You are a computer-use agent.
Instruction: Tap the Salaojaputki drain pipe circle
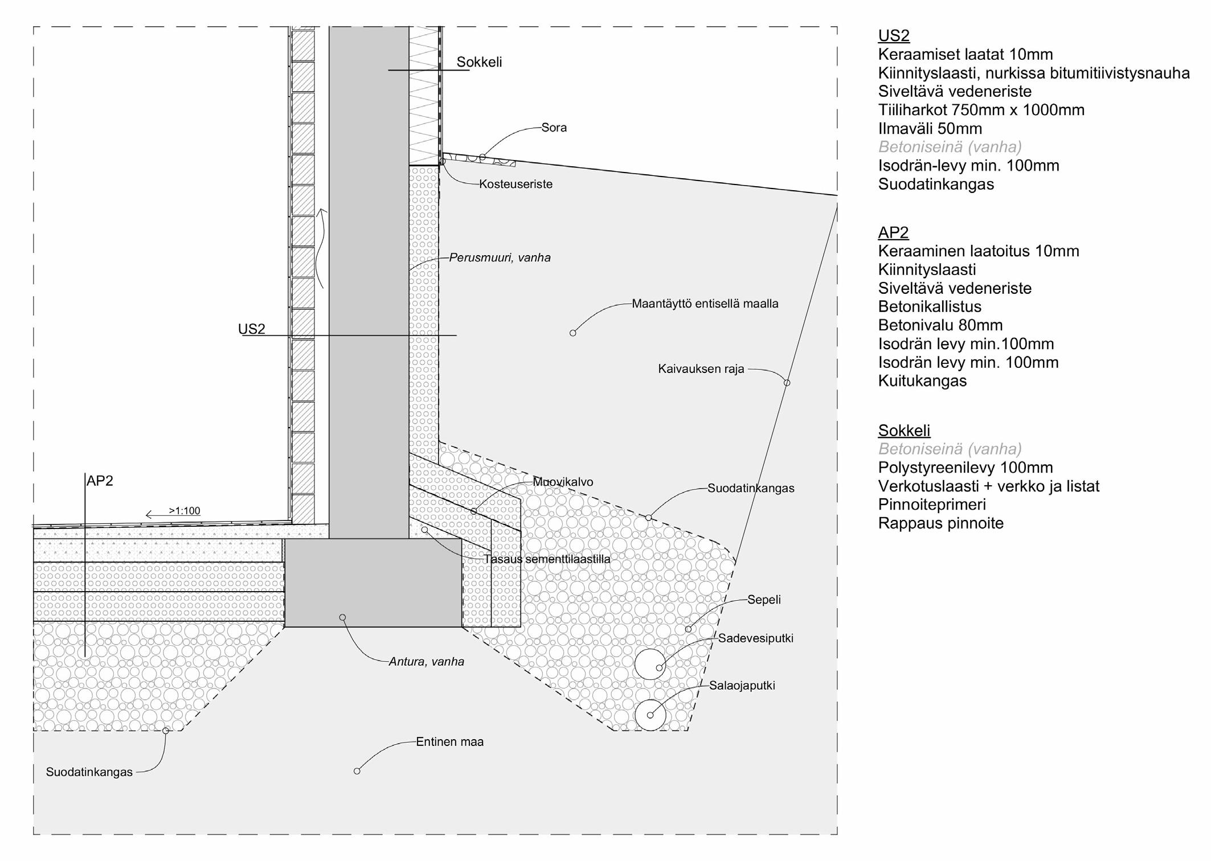pos(650,715)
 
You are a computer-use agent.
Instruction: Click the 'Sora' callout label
pos(554,128)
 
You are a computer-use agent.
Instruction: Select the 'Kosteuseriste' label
pos(516,184)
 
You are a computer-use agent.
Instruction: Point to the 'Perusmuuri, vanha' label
pos(500,258)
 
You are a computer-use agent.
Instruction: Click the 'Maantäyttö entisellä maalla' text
pos(705,304)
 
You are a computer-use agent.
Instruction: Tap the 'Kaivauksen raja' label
pos(701,369)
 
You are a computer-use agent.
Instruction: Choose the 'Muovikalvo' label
pos(563,482)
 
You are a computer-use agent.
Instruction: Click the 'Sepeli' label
pos(764,600)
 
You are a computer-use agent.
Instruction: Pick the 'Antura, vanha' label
pos(426,662)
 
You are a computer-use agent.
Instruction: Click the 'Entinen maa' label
pos(449,742)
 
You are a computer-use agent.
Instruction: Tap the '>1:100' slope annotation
pos(184,511)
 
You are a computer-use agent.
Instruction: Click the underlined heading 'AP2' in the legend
pos(893,232)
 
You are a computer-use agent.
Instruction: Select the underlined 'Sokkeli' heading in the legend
pos(904,430)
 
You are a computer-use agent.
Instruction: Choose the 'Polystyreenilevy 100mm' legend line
pos(965,468)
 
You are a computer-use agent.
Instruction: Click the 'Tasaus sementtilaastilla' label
pos(547,559)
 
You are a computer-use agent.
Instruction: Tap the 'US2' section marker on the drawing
pos(251,329)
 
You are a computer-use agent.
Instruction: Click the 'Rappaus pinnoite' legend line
pos(940,523)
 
